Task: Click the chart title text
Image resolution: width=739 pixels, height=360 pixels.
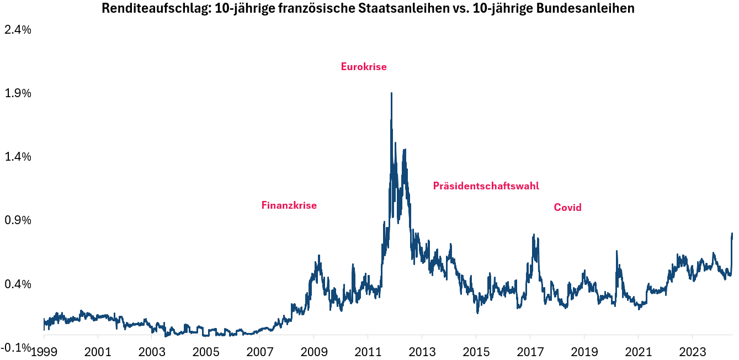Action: [x=368, y=9]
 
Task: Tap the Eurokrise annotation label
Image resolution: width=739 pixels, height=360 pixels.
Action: [x=364, y=67]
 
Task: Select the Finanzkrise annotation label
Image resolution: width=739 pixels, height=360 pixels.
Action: [x=289, y=205]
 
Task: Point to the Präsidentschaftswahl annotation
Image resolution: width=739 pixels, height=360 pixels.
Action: [x=486, y=186]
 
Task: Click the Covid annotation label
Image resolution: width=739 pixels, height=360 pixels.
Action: [x=567, y=208]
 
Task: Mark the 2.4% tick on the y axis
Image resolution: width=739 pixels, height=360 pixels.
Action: [x=18, y=30]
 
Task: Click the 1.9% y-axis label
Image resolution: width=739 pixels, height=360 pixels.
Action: [x=18, y=93]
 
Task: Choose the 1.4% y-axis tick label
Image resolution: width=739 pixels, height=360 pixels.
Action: [x=18, y=157]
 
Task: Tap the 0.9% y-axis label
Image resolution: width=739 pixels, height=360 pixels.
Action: [x=18, y=220]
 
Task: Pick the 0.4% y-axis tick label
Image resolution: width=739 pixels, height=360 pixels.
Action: [x=18, y=284]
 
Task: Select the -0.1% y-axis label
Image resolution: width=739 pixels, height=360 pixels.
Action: [x=16, y=347]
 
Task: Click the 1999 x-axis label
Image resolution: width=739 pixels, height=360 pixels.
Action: [x=44, y=352]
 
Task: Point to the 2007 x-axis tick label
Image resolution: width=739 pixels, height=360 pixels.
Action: [x=259, y=352]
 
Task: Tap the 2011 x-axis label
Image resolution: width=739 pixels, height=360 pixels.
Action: [x=368, y=352]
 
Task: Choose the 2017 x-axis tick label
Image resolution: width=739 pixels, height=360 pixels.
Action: [x=530, y=352]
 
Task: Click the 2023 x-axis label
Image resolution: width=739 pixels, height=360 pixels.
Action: [x=692, y=352]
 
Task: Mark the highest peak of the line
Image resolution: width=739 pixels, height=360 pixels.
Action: [x=391, y=93]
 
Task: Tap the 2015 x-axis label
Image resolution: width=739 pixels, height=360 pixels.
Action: [x=476, y=352]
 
